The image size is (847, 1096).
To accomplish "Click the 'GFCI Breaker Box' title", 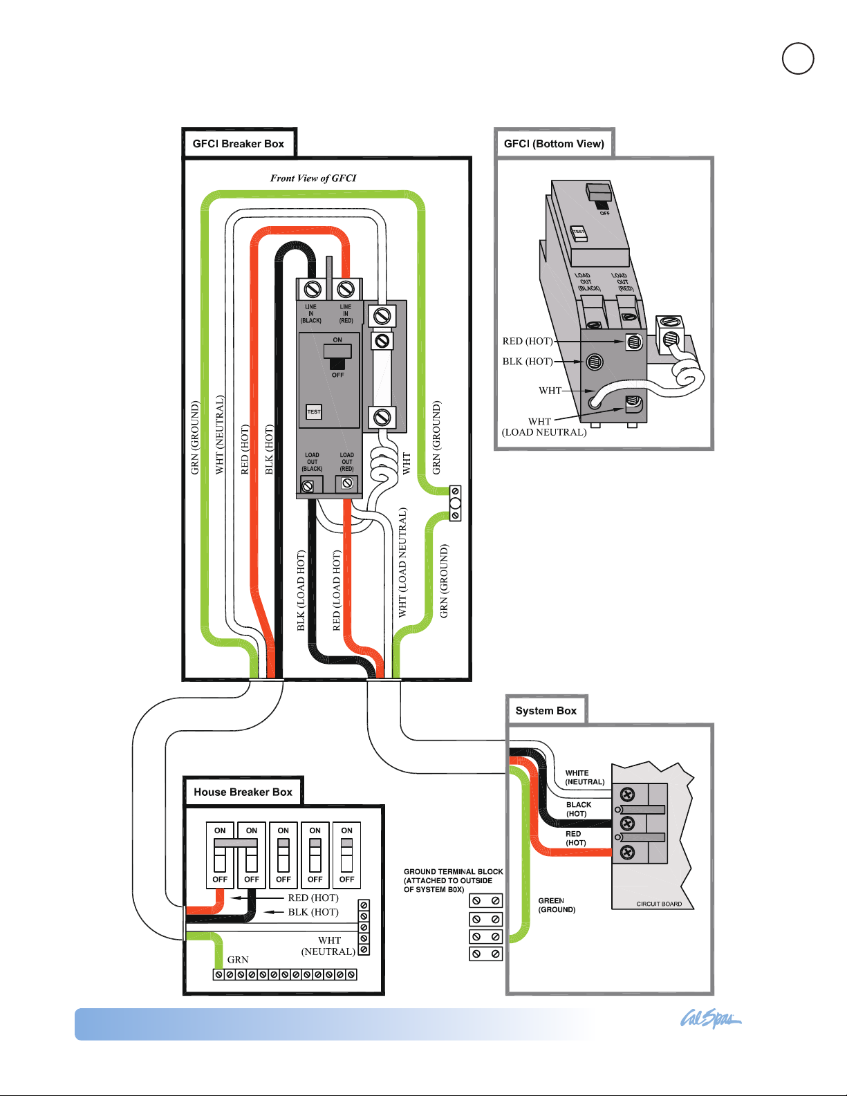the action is pos(238,144).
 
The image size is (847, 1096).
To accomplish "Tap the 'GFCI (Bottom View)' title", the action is pos(554,144).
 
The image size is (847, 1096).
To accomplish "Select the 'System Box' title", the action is pos(546,711).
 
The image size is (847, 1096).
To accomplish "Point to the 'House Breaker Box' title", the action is pos(243,792).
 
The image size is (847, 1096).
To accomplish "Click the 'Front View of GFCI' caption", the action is pos(313,178).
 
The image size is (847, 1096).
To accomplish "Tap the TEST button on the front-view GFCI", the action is pos(314,411).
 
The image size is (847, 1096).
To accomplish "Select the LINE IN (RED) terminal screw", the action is pos(346,290).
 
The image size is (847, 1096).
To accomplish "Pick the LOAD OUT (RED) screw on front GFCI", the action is pos(347,483).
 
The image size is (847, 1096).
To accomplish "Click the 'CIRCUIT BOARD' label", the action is pos(659,904).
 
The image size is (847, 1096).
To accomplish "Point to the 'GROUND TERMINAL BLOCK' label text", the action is pos(454,871).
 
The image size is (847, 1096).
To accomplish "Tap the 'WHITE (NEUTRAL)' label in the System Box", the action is pos(584,777).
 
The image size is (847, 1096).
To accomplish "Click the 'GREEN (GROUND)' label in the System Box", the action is pos(557,905).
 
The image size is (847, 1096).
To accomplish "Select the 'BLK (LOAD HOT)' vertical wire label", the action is pos(301,591).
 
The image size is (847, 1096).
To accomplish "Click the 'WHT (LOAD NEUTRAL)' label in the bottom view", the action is pos(544,427).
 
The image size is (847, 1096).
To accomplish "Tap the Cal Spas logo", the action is pos(710,1019).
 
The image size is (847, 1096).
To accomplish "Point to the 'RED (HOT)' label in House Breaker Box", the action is pos(313,898).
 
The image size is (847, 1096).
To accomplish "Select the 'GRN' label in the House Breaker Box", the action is pos(237,960).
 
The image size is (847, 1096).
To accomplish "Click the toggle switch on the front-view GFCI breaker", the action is pos(337,357).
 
